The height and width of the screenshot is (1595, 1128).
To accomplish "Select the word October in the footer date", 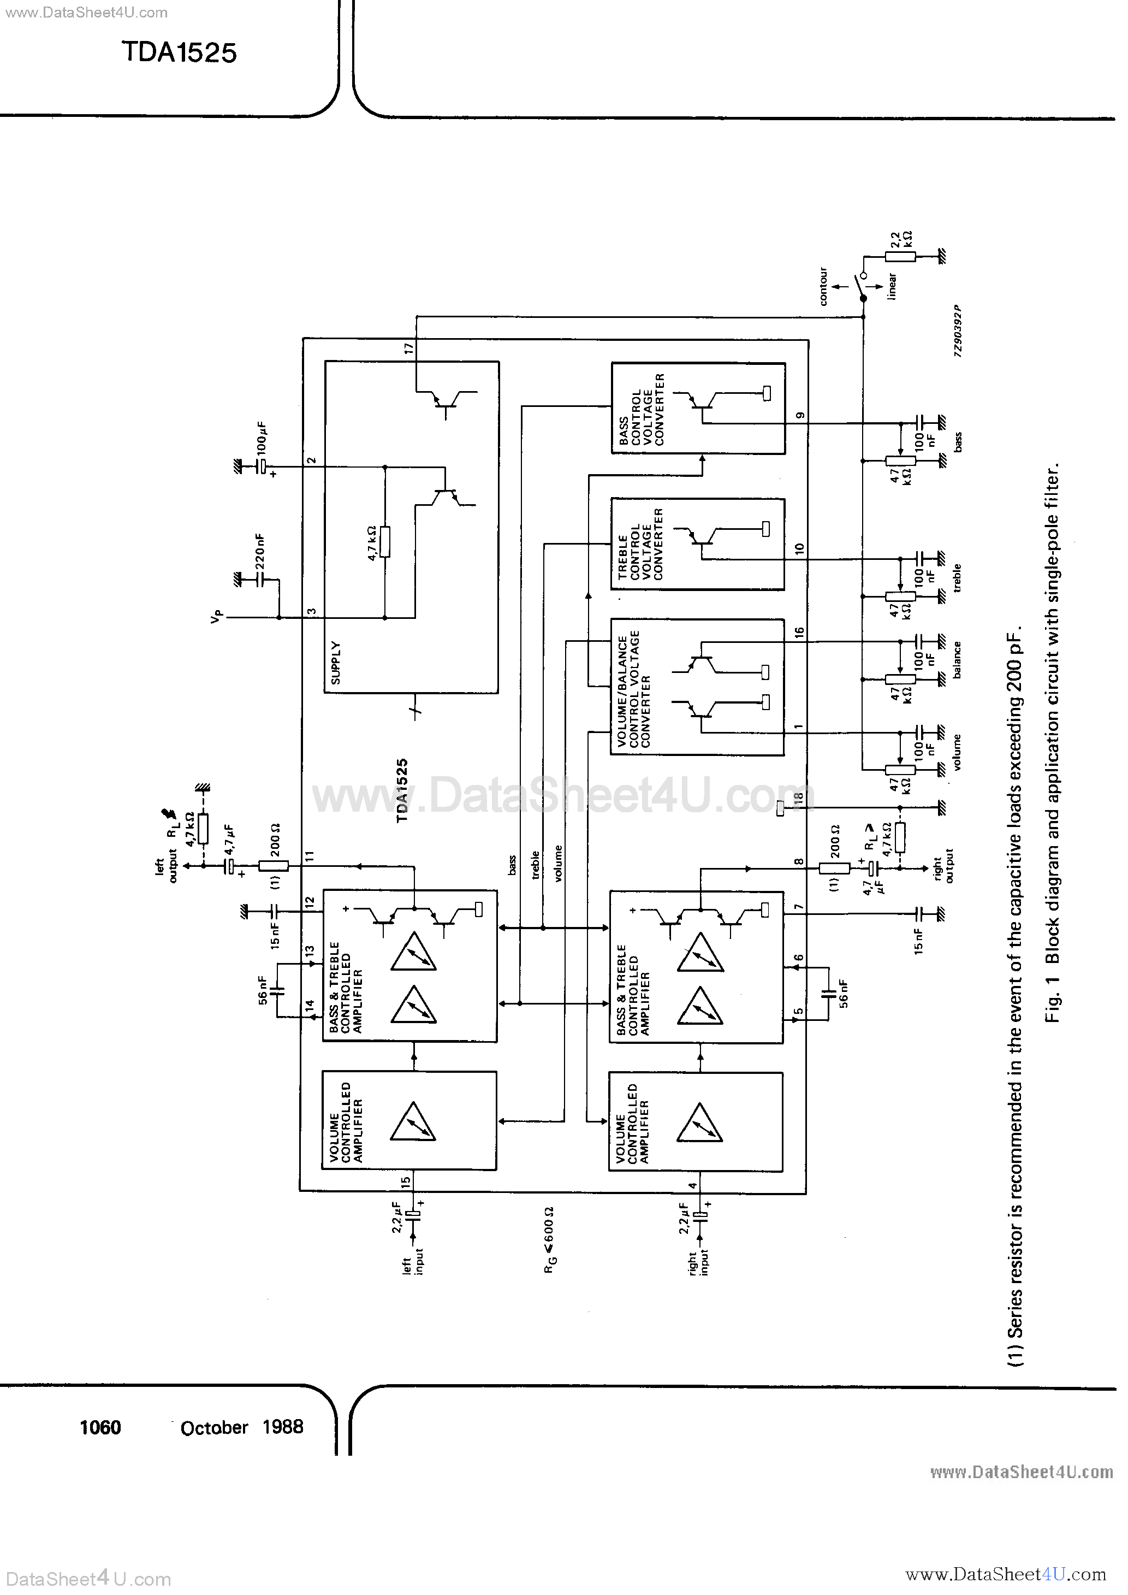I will point(214,1428).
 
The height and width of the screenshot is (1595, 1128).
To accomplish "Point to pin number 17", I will point(408,348).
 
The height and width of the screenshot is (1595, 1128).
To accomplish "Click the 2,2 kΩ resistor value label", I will point(901,240).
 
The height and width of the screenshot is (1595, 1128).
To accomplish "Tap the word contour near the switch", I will point(823,286).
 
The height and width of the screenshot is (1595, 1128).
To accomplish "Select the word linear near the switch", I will point(893,286).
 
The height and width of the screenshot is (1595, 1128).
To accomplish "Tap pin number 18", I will point(799,799).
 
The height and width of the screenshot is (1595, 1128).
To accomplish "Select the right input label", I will point(699,1268).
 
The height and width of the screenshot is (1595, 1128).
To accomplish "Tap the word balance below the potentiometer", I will point(958,659).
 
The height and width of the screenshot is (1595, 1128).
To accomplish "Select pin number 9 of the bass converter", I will point(800,416).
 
